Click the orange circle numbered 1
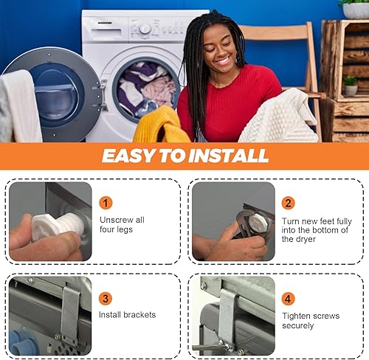click(x=106, y=202)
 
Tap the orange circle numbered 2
click(x=289, y=202)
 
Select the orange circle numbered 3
click(x=106, y=298)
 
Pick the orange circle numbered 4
click(x=289, y=298)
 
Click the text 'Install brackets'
click(x=128, y=315)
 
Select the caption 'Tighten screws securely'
click(x=310, y=320)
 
